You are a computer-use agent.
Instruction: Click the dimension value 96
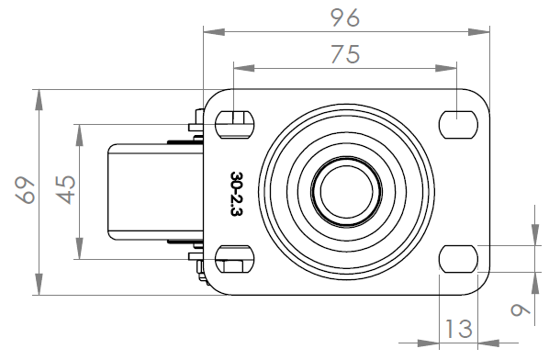345,17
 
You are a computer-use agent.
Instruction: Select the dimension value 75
345,54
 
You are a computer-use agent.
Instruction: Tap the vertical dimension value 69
25,190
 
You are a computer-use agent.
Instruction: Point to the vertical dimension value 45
66,190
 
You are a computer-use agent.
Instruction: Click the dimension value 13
459,329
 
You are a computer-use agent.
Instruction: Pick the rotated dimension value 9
520,309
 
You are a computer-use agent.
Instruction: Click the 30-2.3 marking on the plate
237,194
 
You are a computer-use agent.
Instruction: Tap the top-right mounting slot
458,125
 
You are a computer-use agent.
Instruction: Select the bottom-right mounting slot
458,259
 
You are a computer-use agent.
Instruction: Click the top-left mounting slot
235,125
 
